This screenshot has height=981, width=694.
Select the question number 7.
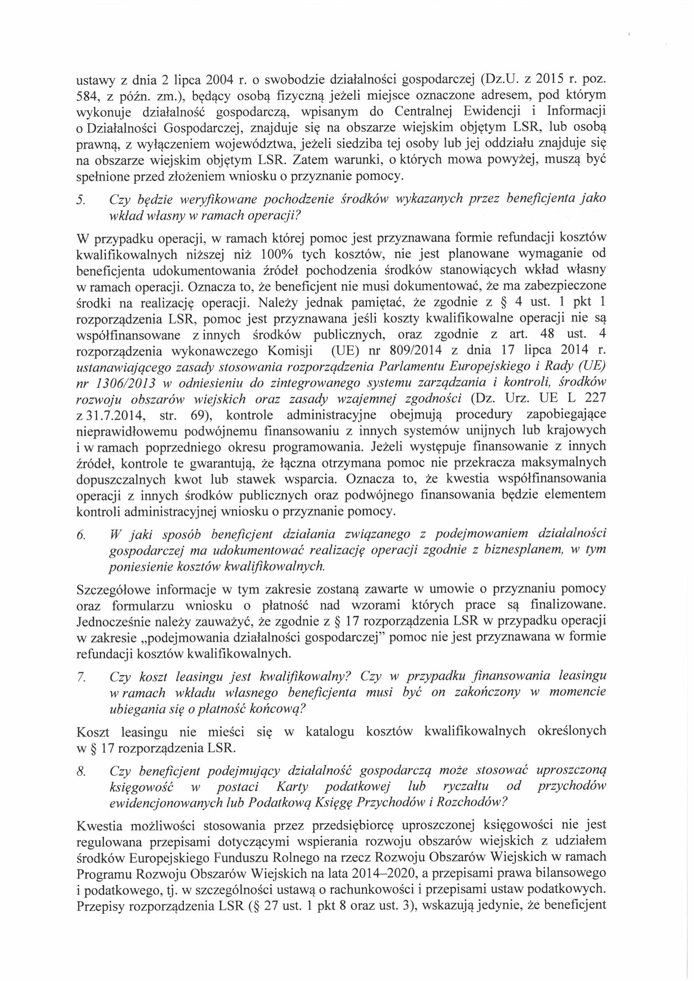[x=80, y=678]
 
